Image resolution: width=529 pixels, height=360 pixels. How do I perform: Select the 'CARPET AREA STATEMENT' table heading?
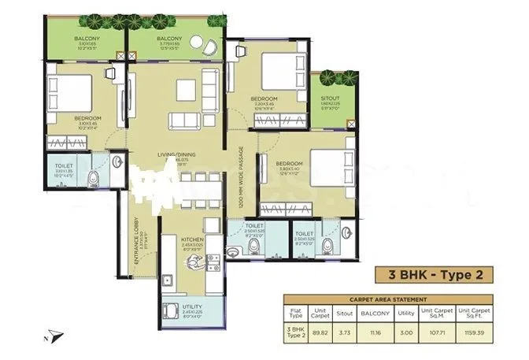point(388,300)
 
